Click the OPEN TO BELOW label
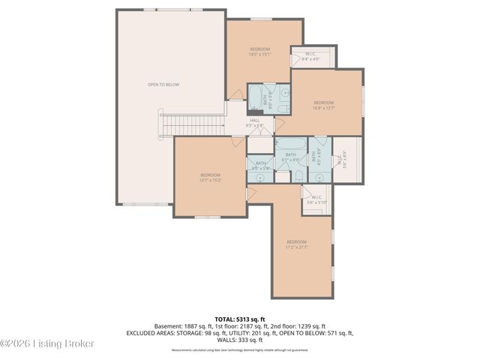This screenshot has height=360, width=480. coord(163,85)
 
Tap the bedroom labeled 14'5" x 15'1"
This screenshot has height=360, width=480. coord(259,52)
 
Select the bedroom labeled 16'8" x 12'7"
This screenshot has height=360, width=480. coord(323,105)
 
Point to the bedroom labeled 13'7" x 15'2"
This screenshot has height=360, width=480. coord(209,178)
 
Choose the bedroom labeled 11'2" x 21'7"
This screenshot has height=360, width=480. coord(297,244)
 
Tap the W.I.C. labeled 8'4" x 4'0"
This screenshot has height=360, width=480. coord(311,56)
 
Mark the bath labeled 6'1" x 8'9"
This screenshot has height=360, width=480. coord(290,157)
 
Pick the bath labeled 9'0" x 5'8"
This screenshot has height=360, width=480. coord(260,166)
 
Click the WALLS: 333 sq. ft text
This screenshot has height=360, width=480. coord(240,340)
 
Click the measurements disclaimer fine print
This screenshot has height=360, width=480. coord(240,349)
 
